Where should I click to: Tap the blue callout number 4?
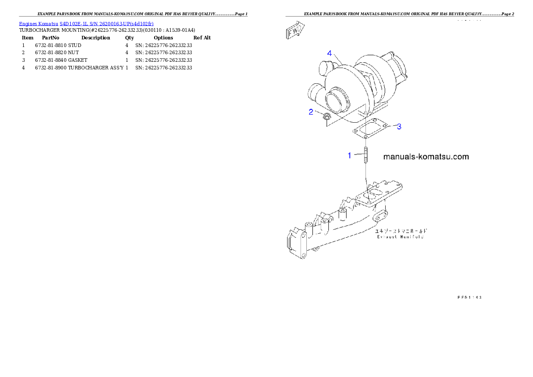click(x=330, y=53)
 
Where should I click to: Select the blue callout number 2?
click(x=311, y=112)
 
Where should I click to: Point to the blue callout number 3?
click(x=399, y=127)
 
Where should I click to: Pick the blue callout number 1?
click(x=350, y=155)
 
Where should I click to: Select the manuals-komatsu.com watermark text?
click(x=426, y=157)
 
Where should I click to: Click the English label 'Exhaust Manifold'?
click(x=400, y=236)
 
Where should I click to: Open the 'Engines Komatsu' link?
click(x=39, y=23)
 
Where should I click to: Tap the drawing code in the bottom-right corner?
click(x=469, y=296)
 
